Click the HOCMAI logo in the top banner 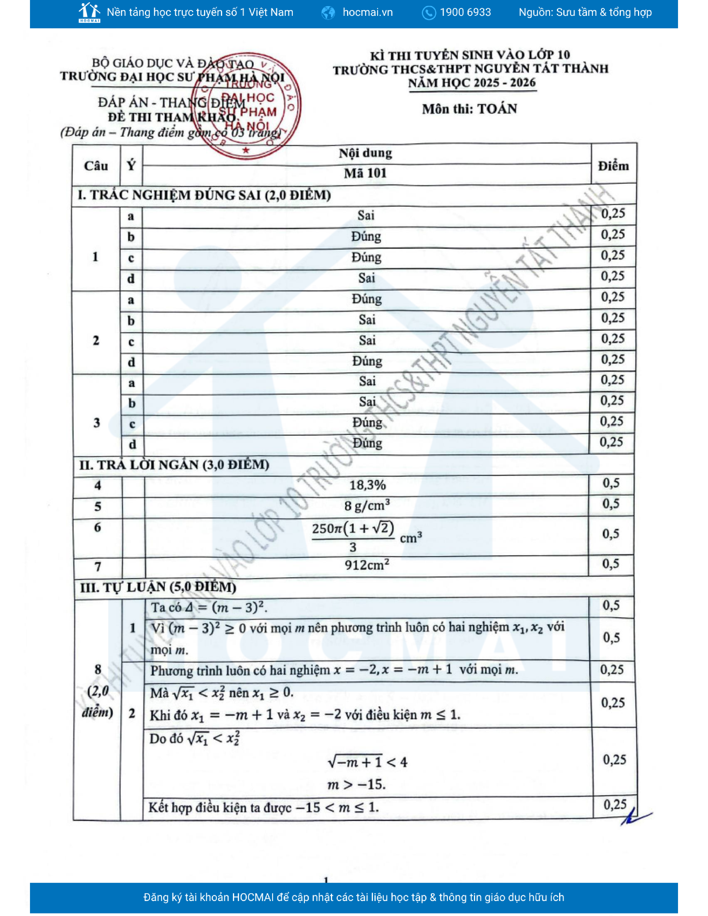[89, 12]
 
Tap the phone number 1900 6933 [465, 12]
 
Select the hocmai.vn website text [367, 12]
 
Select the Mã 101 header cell [365, 173]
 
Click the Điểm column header [613, 166]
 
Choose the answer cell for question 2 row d [367, 361]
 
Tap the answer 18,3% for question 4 [367, 485]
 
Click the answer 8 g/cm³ [367, 505]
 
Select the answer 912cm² [367, 565]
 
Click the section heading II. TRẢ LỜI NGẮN [174, 465]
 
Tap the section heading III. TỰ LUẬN [158, 587]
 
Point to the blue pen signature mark [636, 817]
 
